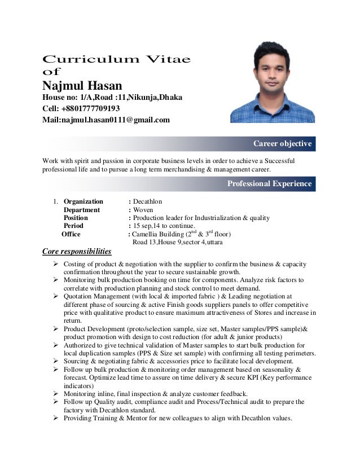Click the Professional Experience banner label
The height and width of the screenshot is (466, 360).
(x=269, y=183)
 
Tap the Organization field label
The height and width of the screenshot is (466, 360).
(x=84, y=201)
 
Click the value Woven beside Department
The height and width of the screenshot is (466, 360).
(x=144, y=210)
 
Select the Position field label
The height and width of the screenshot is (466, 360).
(x=76, y=218)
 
